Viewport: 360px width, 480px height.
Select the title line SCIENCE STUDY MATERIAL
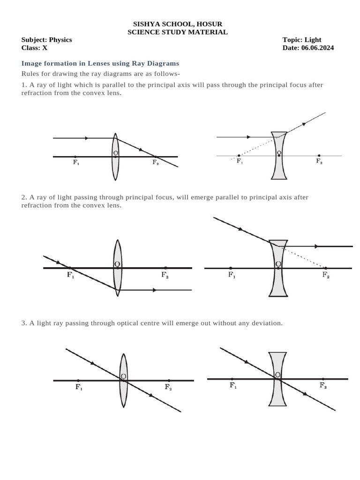coord(178,32)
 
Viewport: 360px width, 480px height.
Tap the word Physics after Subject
coord(60,40)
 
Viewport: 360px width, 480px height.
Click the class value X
coord(45,48)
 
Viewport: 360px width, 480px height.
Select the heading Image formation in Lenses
coord(100,63)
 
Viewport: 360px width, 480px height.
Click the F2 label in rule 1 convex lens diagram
coord(156,162)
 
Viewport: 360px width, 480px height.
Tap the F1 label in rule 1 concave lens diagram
coord(240,161)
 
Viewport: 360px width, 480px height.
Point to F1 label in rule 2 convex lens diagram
coord(70,275)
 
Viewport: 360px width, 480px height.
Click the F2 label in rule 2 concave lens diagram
coord(326,275)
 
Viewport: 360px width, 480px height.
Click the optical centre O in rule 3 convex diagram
coord(123,376)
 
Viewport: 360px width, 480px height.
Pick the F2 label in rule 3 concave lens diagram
coord(323,385)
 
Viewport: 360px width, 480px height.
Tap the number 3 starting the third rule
coord(23,323)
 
